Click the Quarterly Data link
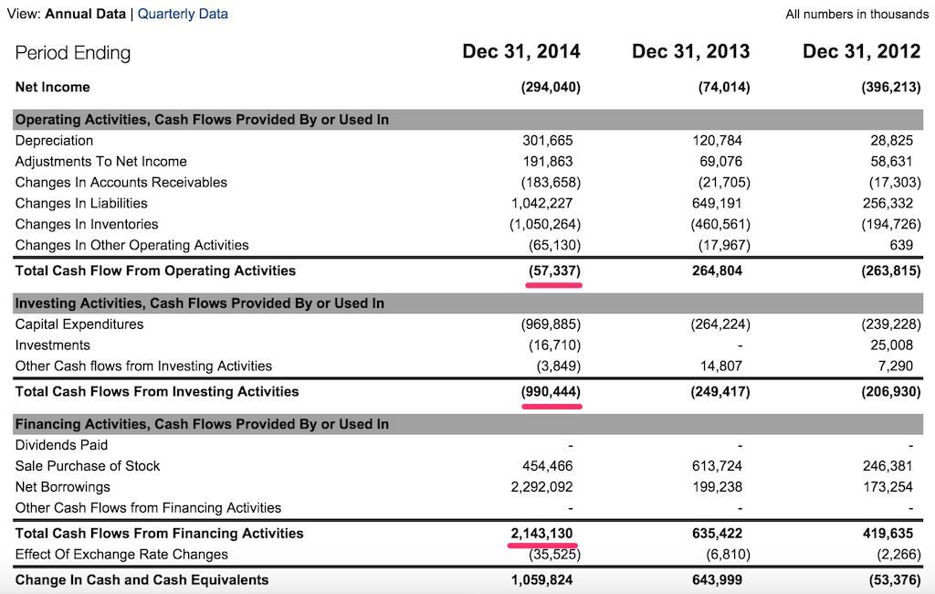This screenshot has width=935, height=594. click(183, 14)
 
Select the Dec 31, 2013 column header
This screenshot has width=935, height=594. click(691, 51)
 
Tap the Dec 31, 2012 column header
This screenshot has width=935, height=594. click(861, 51)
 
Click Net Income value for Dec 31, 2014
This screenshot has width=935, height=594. click(551, 87)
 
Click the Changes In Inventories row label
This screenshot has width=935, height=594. click(87, 225)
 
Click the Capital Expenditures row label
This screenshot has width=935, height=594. click(79, 324)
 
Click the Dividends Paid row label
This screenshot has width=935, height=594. click(61, 445)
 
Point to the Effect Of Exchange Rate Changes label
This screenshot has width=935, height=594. click(121, 555)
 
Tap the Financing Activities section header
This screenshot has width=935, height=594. click(202, 424)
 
